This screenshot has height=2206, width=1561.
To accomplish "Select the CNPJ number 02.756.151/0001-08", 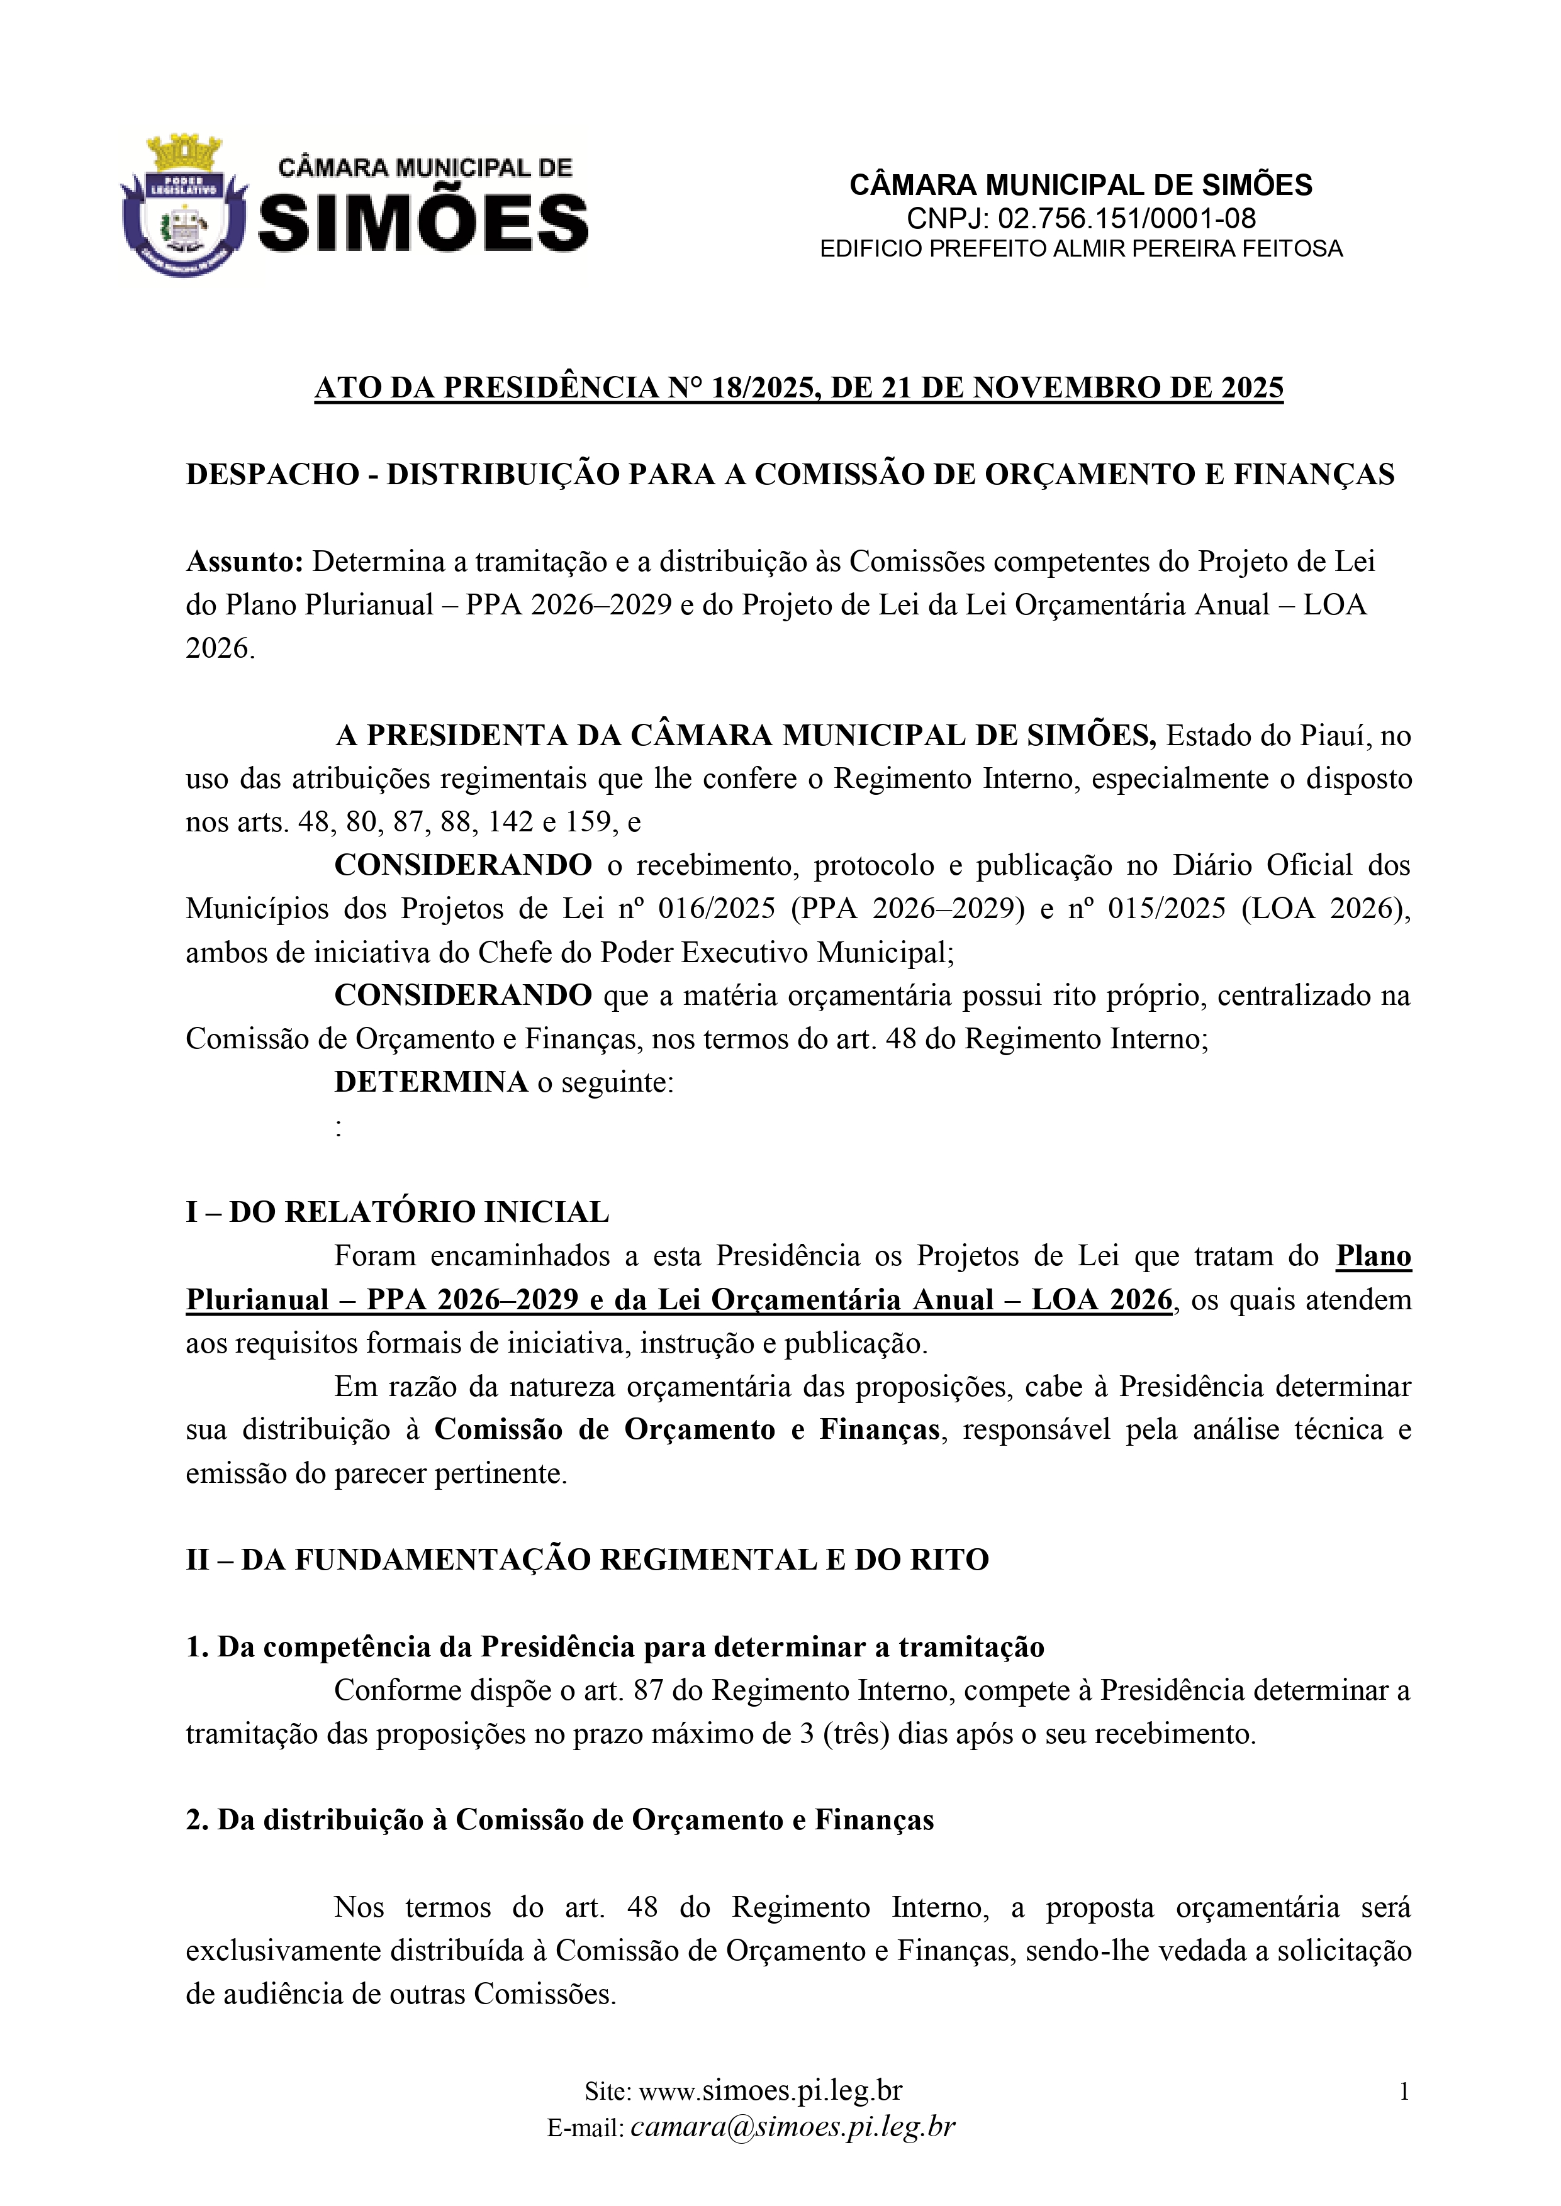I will click(x=1126, y=218).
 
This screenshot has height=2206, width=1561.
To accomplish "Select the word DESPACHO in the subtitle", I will click(x=272, y=475).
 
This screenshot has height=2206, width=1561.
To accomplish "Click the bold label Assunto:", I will click(x=244, y=561).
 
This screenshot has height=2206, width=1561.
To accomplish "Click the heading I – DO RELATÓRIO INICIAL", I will click(x=397, y=1212).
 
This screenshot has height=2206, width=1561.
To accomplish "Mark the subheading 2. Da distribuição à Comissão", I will click(x=559, y=1820).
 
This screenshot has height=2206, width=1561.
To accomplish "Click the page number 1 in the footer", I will click(x=1403, y=2091).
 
